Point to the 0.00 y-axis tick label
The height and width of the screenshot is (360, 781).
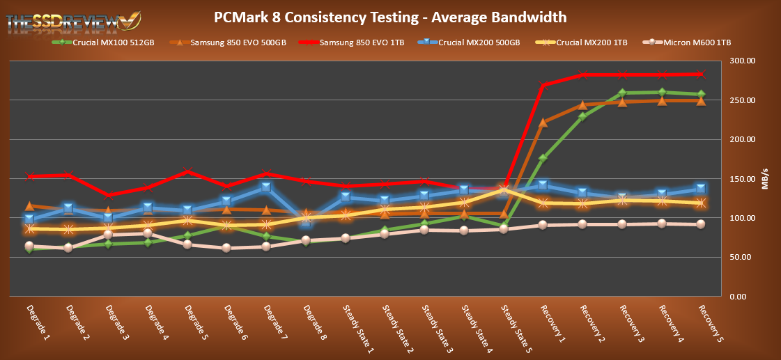click(743, 297)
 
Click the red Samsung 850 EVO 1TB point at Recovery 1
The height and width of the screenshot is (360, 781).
click(543, 85)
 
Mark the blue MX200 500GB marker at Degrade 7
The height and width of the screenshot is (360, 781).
click(266, 187)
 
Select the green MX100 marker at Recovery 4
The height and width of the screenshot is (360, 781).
click(661, 93)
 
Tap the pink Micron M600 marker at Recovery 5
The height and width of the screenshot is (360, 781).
click(701, 224)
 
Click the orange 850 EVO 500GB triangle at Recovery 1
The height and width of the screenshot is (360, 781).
click(543, 123)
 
